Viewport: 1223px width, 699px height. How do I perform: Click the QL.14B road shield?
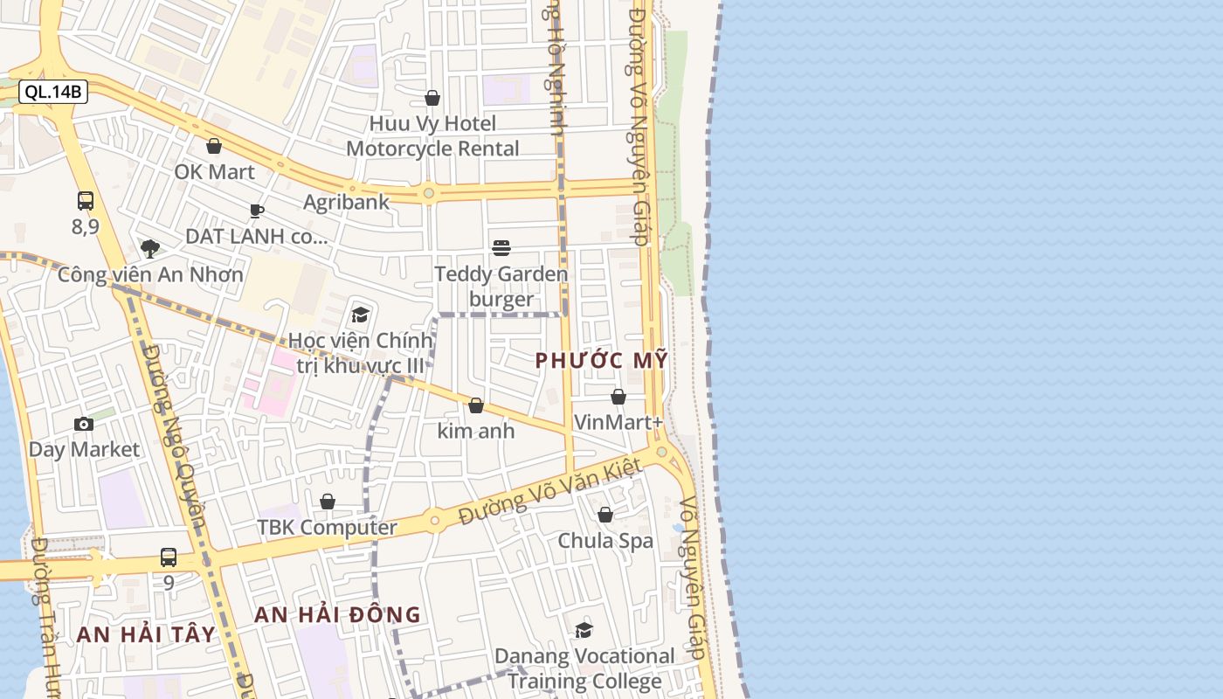click(53, 92)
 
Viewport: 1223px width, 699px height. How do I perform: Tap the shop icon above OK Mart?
click(214, 146)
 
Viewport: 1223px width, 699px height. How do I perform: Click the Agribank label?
click(346, 202)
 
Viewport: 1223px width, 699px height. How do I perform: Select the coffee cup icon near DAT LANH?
click(257, 211)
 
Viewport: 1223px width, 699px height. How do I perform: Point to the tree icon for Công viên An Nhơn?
click(150, 249)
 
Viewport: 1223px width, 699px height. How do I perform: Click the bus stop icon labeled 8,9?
click(86, 201)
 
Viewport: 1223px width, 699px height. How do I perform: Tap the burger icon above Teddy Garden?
click(501, 248)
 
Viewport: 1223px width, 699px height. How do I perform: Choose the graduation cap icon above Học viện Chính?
click(360, 315)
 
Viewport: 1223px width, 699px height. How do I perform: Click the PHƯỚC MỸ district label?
click(601, 360)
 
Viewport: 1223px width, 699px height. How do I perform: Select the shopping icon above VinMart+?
click(618, 397)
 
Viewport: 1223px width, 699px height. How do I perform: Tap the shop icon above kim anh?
click(476, 405)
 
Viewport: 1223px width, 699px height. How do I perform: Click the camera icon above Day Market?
click(84, 425)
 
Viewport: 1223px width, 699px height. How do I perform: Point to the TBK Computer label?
click(327, 528)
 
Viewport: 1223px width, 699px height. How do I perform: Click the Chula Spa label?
click(605, 541)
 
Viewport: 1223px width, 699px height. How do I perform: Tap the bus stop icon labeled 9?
click(169, 557)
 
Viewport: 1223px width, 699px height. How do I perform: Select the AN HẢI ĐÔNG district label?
click(337, 615)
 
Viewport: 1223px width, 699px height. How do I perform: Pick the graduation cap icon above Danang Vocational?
click(584, 630)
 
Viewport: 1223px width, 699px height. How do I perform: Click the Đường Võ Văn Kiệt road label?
click(550, 494)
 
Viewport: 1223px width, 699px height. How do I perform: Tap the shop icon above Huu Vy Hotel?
click(432, 98)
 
